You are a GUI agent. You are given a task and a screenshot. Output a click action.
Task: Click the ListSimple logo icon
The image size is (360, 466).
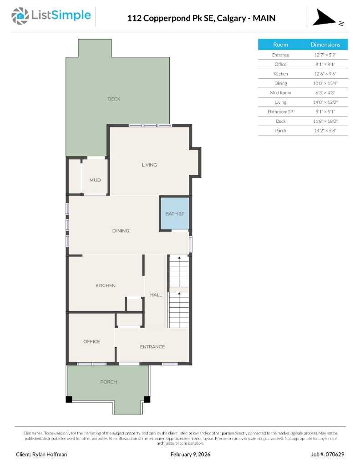[x=20, y=16]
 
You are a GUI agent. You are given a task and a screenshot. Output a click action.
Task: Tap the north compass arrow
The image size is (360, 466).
[x=324, y=18]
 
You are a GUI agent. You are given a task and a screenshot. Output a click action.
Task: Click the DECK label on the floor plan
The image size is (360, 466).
[x=114, y=99]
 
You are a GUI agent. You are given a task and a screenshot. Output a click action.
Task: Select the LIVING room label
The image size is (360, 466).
[x=149, y=165]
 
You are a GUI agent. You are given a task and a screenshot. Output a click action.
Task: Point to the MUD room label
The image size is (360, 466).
[x=95, y=180]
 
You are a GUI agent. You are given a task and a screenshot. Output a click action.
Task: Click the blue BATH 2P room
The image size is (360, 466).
[x=174, y=213]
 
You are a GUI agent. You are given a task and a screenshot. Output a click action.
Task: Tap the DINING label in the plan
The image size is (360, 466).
[x=121, y=231]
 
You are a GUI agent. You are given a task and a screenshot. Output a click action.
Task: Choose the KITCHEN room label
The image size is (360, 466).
[x=105, y=285]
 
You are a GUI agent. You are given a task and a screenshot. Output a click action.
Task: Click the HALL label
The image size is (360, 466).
[x=156, y=295]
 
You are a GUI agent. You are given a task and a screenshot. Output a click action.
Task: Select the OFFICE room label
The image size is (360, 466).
[x=91, y=341]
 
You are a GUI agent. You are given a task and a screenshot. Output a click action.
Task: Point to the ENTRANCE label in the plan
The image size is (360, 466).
[x=152, y=347]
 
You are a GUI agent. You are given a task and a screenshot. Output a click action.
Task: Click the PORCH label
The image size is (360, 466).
[x=108, y=382]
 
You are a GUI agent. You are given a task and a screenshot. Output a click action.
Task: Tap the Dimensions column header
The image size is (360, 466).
[x=325, y=45]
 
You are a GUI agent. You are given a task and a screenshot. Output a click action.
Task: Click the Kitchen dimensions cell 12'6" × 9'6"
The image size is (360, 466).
[x=325, y=74]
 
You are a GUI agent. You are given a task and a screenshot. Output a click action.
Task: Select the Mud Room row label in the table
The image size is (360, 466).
[x=280, y=92]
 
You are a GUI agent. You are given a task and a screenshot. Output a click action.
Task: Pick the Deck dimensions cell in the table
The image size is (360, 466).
[x=325, y=121]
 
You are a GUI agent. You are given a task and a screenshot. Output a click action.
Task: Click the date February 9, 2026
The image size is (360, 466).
[x=190, y=454]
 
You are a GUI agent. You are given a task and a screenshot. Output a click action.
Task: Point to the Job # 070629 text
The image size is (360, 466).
[x=328, y=454]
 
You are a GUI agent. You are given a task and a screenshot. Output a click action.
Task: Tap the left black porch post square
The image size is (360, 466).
[x=69, y=399]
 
